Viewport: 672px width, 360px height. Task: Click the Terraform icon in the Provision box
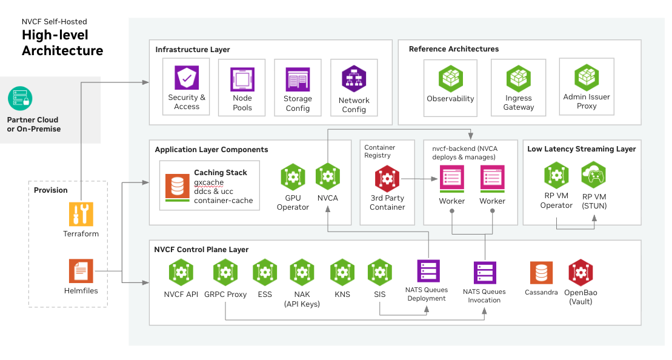[81, 215]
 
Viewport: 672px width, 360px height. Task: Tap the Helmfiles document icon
[81, 270]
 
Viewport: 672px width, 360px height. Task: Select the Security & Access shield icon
[187, 78]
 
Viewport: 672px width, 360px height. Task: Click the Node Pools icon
[242, 79]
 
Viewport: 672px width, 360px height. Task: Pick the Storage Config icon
[298, 79]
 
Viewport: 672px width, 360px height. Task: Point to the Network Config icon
[354, 79]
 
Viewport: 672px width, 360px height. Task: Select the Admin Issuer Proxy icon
[587, 78]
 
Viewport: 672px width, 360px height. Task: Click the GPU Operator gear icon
[293, 177]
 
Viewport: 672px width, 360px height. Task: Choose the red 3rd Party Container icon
[387, 178]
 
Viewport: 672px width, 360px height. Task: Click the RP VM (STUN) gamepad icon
[594, 176]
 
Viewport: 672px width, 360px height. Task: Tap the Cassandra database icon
[541, 273]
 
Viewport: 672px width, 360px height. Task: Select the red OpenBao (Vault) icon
[580, 273]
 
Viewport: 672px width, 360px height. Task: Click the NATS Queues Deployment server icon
[428, 272]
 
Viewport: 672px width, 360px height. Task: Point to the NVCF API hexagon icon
[181, 273]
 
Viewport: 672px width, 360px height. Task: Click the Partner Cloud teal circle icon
[20, 98]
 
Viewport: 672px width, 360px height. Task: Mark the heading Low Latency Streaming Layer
[581, 148]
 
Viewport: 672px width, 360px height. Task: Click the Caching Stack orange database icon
[177, 186]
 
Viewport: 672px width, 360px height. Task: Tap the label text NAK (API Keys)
[302, 299]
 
